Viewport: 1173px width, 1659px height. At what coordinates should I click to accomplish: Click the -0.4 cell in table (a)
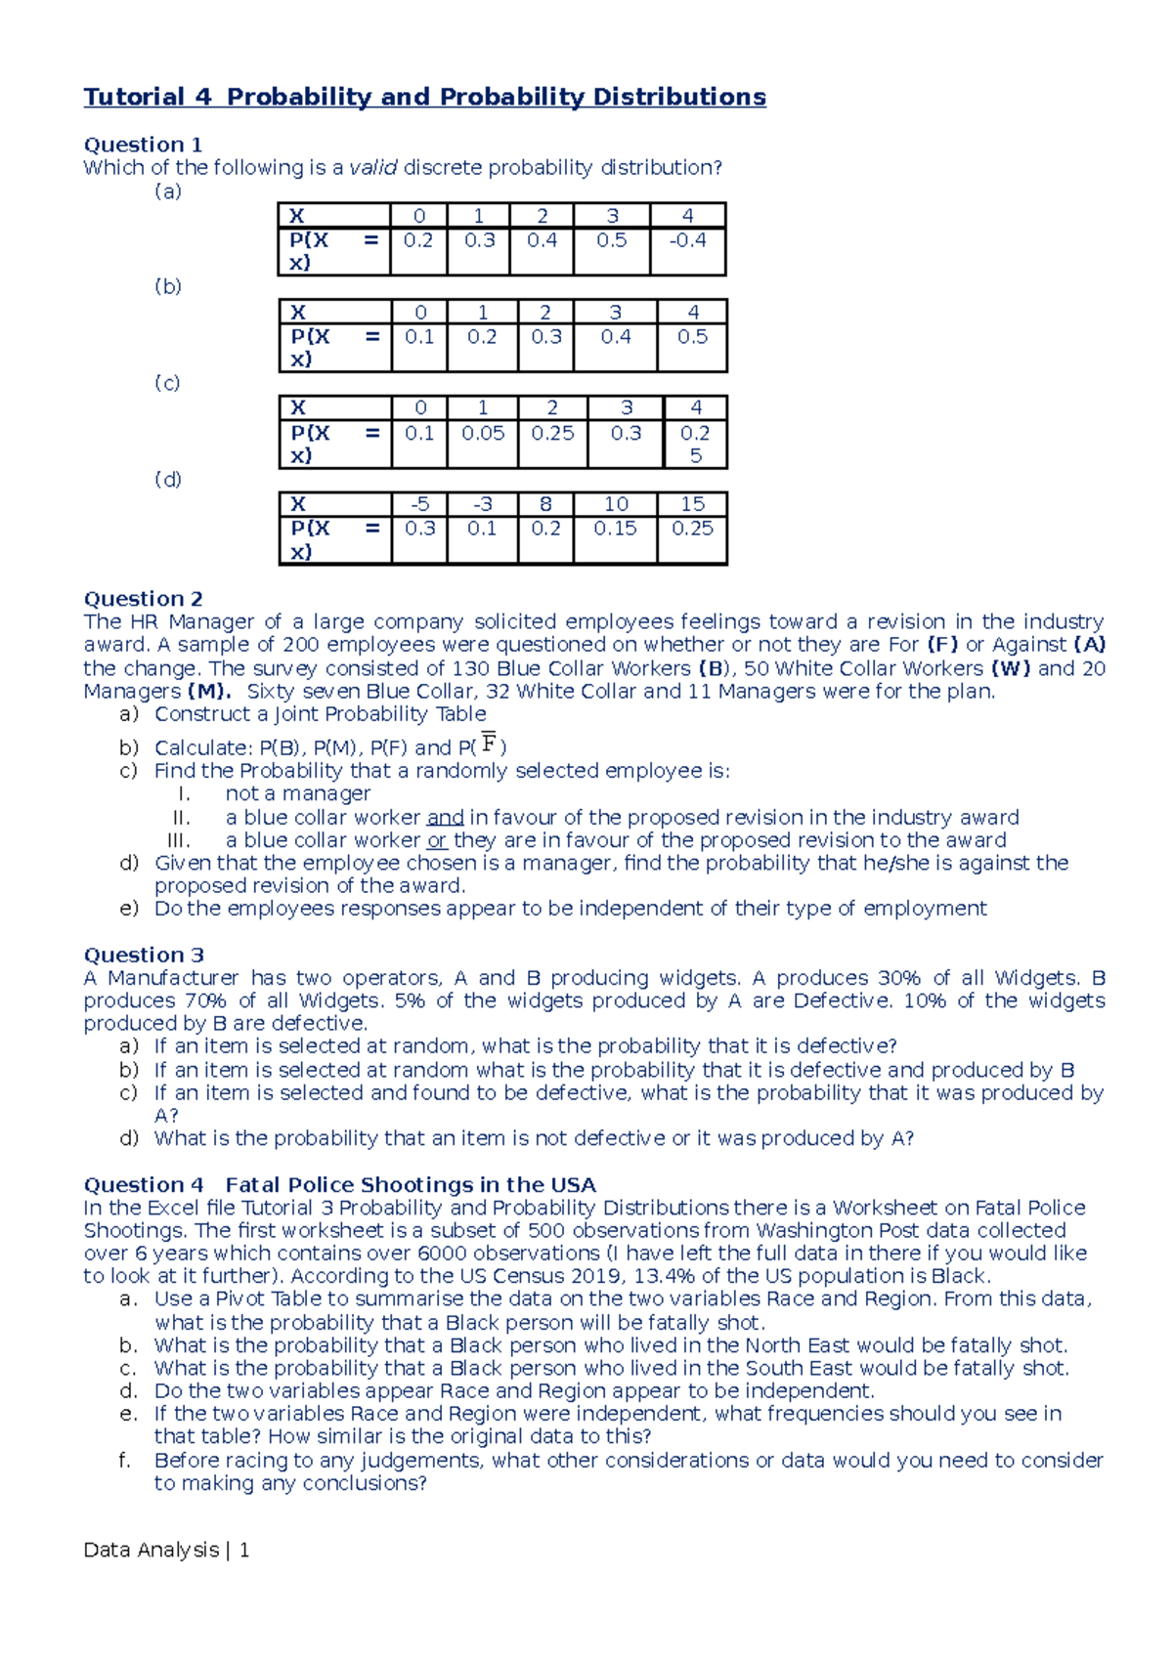[x=687, y=240]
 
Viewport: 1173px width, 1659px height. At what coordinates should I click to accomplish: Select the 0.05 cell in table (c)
[x=483, y=433]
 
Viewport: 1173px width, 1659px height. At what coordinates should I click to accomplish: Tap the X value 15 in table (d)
[x=692, y=504]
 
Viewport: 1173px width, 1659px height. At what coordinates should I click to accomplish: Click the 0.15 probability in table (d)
[x=615, y=529]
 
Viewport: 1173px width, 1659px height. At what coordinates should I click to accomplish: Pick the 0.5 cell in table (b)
[x=692, y=337]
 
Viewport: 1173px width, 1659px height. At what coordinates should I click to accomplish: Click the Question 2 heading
[x=143, y=599]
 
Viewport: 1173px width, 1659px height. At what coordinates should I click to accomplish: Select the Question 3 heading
[x=143, y=956]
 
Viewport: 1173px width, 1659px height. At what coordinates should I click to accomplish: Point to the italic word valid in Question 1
[x=373, y=168]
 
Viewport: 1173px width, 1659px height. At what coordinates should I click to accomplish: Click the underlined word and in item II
[x=445, y=818]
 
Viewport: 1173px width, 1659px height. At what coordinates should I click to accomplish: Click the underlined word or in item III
[x=437, y=840]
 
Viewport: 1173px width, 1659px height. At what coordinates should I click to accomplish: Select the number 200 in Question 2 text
[x=300, y=645]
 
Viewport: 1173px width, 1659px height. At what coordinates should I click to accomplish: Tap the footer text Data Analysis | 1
[x=166, y=1550]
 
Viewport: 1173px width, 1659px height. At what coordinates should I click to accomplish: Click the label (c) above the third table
[x=167, y=383]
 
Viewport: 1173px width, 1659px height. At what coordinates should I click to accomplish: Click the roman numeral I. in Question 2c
[x=184, y=794]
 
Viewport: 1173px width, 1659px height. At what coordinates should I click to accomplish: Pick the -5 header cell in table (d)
[x=419, y=504]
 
